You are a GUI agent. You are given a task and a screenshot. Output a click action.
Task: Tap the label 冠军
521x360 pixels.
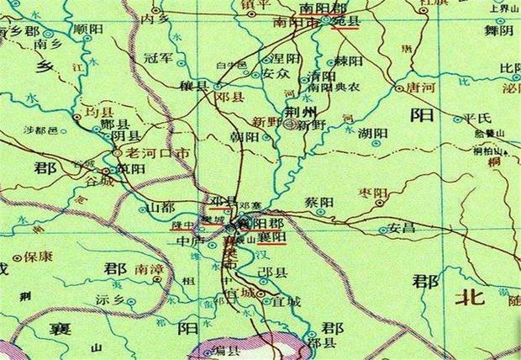pyautogui.click(x=157, y=59)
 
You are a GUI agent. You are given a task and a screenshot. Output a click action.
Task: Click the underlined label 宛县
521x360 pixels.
pyautogui.click(x=346, y=20)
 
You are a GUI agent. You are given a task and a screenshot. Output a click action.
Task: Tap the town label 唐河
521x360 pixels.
pyautogui.click(x=420, y=87)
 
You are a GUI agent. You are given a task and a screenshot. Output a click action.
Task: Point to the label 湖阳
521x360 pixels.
pyautogui.click(x=372, y=133)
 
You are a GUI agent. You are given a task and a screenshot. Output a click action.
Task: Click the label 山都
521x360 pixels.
pyautogui.click(x=160, y=207)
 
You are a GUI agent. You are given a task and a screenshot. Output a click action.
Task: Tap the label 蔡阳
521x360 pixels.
pyautogui.click(x=322, y=203)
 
